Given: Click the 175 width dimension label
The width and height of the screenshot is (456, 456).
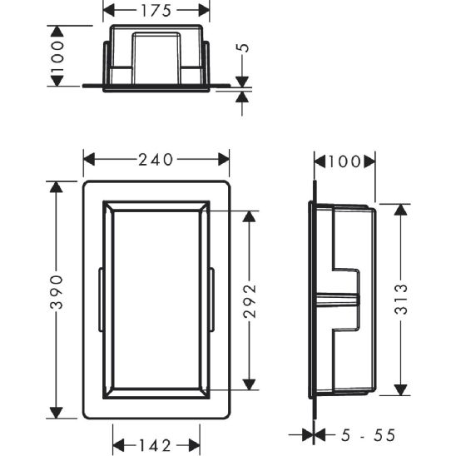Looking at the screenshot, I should tap(156, 11).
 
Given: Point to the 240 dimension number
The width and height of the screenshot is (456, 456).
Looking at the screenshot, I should tap(156, 157).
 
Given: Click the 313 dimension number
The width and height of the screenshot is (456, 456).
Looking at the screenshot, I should tap(400, 300).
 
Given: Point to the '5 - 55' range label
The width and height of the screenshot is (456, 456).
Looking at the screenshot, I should tap(366, 434).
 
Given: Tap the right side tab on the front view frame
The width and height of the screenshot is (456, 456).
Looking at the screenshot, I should tap(212, 300).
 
